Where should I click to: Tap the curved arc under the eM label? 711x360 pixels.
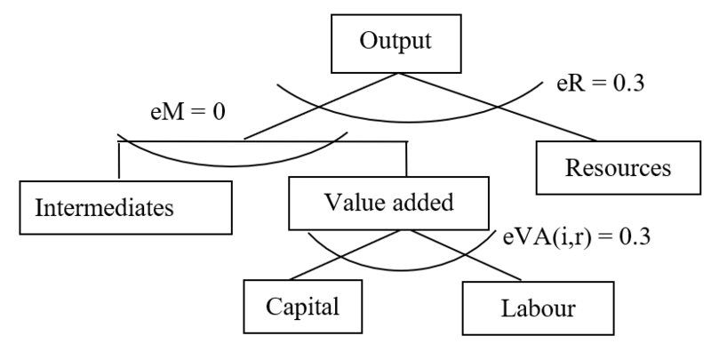click(x=231, y=163)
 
